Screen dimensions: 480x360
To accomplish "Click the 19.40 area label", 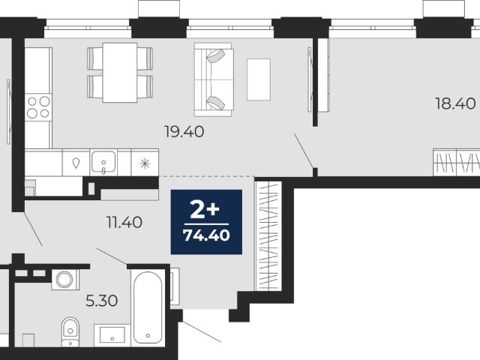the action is click(184, 132).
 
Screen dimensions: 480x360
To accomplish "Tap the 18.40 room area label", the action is click(455, 103).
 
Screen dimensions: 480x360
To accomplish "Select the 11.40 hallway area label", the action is click(124, 222).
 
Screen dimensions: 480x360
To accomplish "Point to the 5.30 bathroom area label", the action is click(102, 301).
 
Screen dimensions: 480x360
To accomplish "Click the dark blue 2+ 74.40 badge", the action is click(206, 222).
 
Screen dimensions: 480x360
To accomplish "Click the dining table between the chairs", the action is click(120, 73).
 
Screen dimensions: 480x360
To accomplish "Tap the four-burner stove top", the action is click(38, 107).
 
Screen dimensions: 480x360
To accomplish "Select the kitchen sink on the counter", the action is click(103, 162).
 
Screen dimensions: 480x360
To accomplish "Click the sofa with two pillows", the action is click(214, 79).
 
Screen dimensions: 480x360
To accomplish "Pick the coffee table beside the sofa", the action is click(259, 79).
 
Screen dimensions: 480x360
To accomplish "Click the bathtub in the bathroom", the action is click(148, 307).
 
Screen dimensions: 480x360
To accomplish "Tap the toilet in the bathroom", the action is click(70, 332).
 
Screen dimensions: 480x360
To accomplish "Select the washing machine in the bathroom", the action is click(65, 280).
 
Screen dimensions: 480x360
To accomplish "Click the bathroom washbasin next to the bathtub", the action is click(112, 335).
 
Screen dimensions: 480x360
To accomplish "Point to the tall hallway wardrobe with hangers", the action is click(268, 235).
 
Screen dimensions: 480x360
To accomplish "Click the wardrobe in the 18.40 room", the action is click(457, 162).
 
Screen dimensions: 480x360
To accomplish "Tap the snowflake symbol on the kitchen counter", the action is click(145, 163).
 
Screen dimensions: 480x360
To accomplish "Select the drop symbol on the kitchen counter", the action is click(76, 163).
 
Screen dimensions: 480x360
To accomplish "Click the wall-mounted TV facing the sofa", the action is click(310, 79).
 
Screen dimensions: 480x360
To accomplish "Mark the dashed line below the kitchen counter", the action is click(207, 177).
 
